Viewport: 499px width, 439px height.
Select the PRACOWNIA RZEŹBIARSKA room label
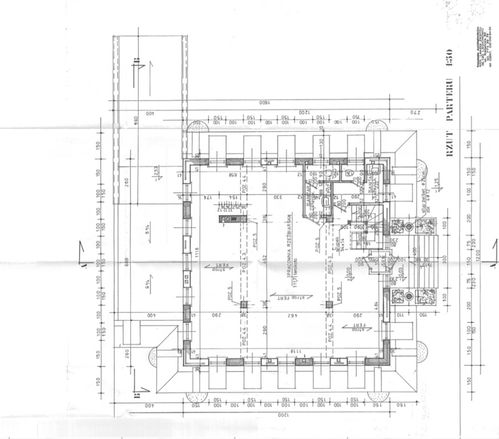pos(290,240)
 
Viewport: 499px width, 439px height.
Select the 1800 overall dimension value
pos(262,104)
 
